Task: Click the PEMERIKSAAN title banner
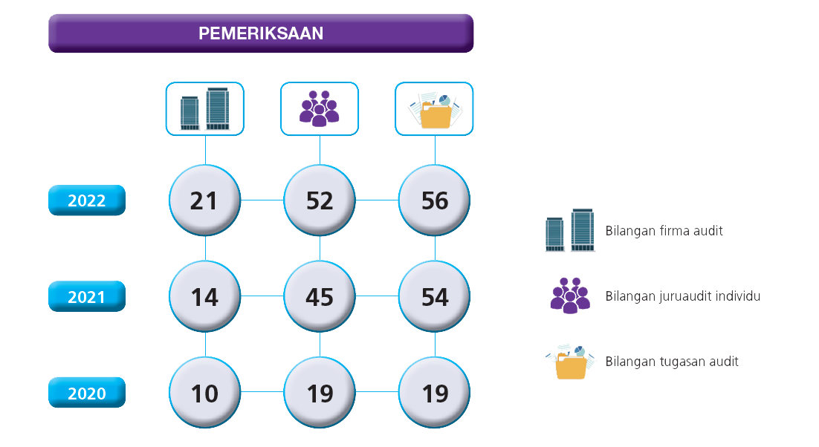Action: (261, 33)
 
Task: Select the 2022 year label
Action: (87, 200)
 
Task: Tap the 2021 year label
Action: (87, 297)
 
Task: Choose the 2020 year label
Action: (87, 393)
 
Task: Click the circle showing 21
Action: (204, 200)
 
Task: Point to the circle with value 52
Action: (320, 200)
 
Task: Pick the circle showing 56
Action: (435, 200)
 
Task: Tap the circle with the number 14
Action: (204, 297)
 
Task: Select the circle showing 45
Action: (320, 297)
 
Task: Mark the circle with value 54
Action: (435, 297)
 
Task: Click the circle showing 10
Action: (204, 393)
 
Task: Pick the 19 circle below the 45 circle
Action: (320, 393)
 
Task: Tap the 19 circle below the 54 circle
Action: (435, 393)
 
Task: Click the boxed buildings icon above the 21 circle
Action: (204, 108)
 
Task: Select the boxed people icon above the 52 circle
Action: (320, 108)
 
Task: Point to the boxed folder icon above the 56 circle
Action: (435, 108)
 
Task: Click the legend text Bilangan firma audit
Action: (664, 231)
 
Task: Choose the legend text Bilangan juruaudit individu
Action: (682, 296)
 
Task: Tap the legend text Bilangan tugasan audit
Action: (672, 362)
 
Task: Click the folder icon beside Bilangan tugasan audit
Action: (569, 362)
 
